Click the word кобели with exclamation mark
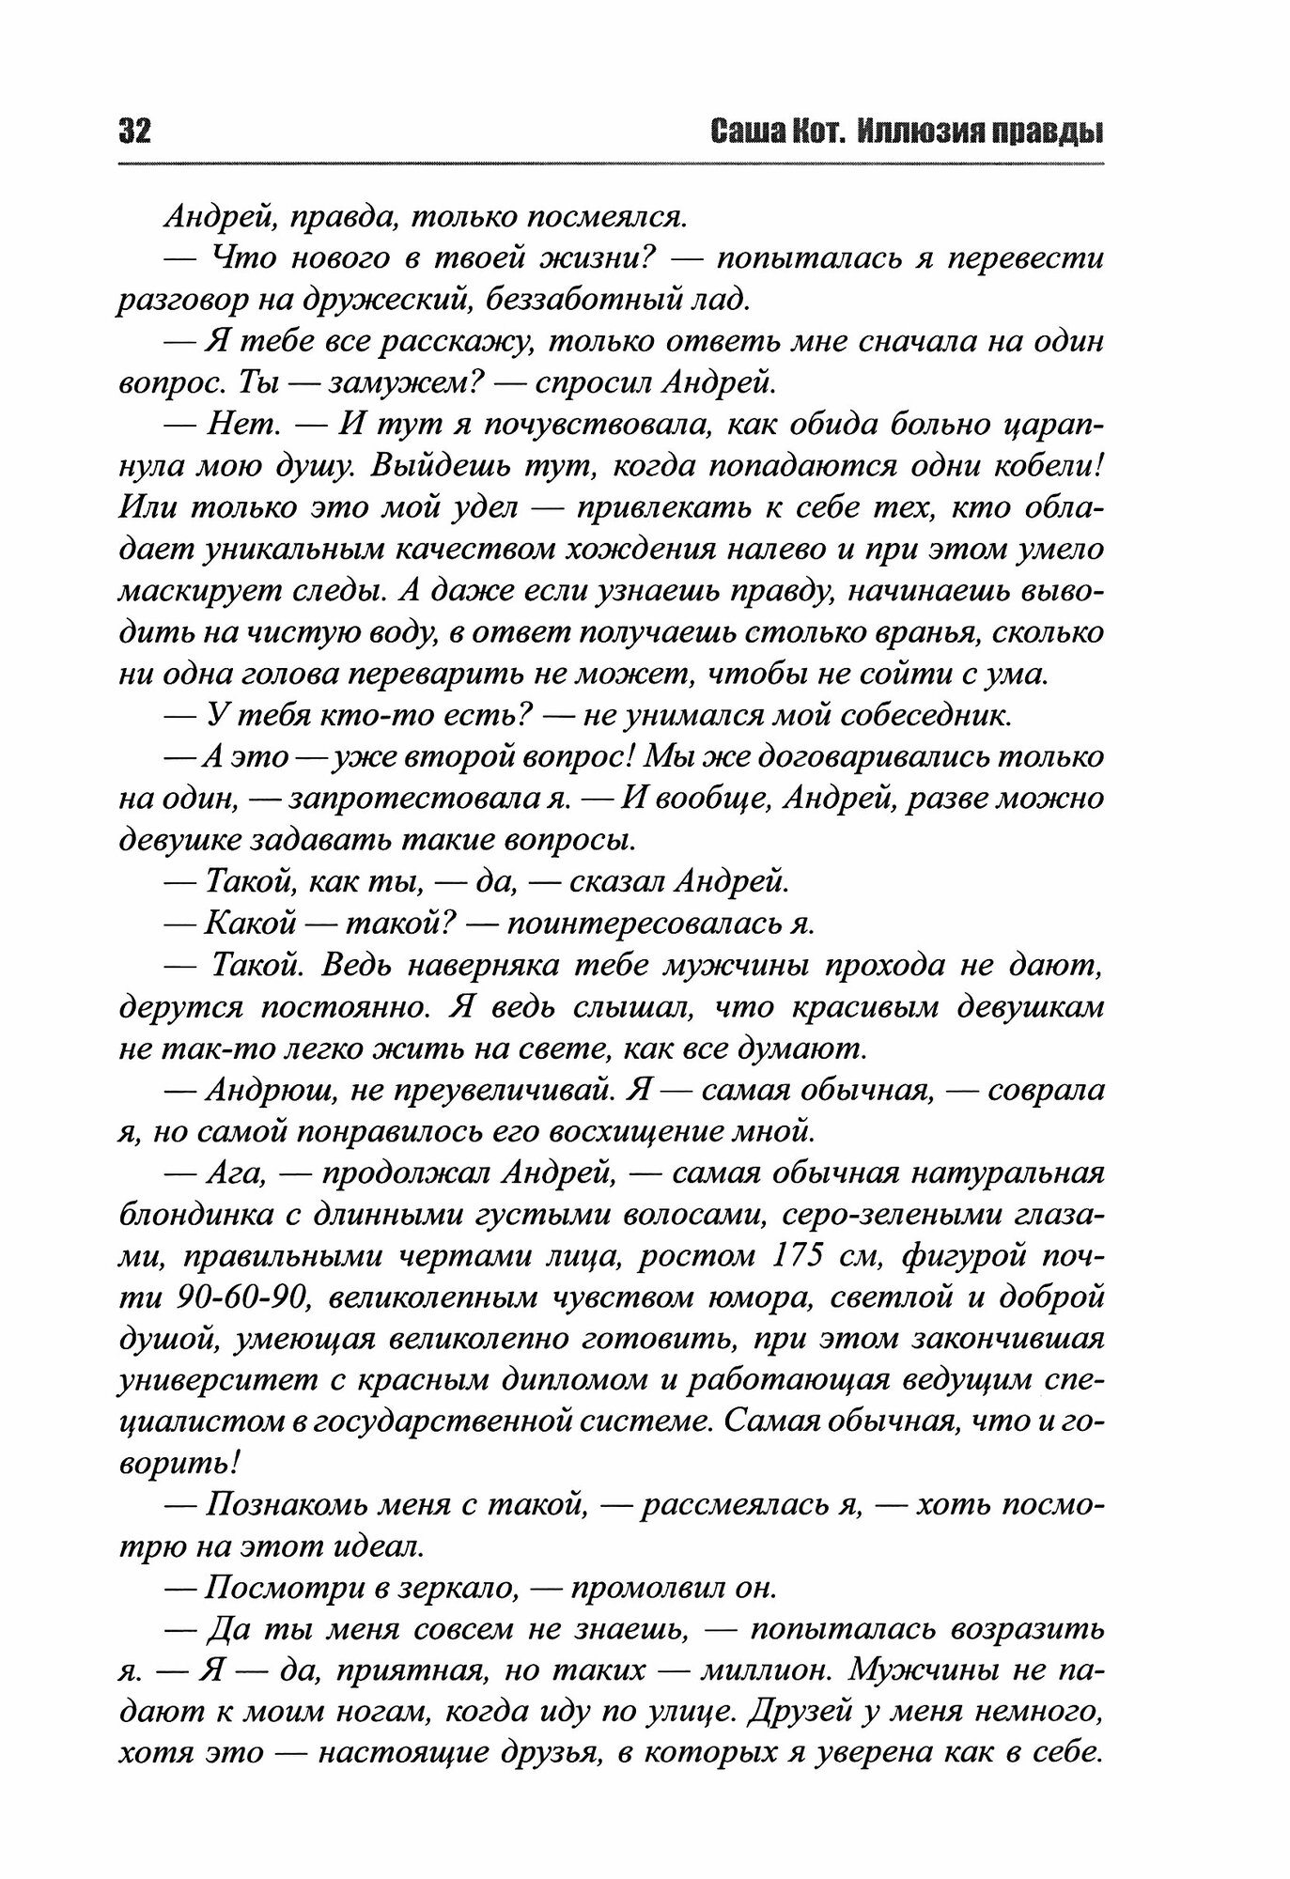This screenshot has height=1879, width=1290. (x=1047, y=466)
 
